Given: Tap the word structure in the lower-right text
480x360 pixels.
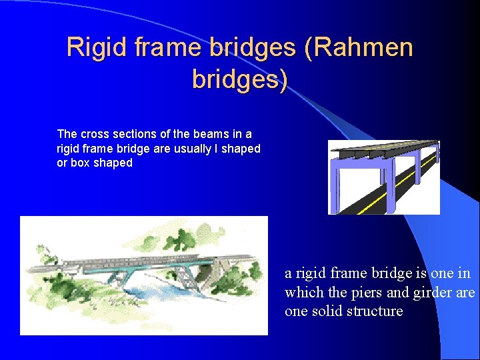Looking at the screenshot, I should coord(376,311).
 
